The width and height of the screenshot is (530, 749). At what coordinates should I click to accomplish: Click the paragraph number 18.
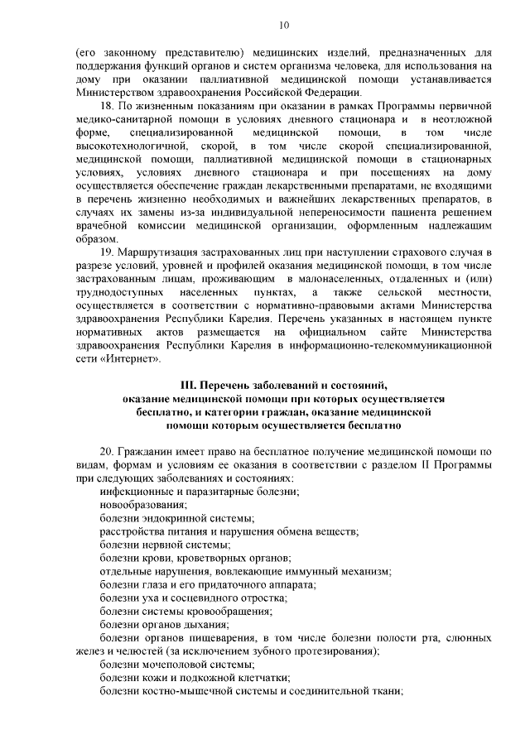point(106,107)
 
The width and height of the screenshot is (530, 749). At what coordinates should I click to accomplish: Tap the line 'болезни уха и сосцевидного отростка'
point(193,598)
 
